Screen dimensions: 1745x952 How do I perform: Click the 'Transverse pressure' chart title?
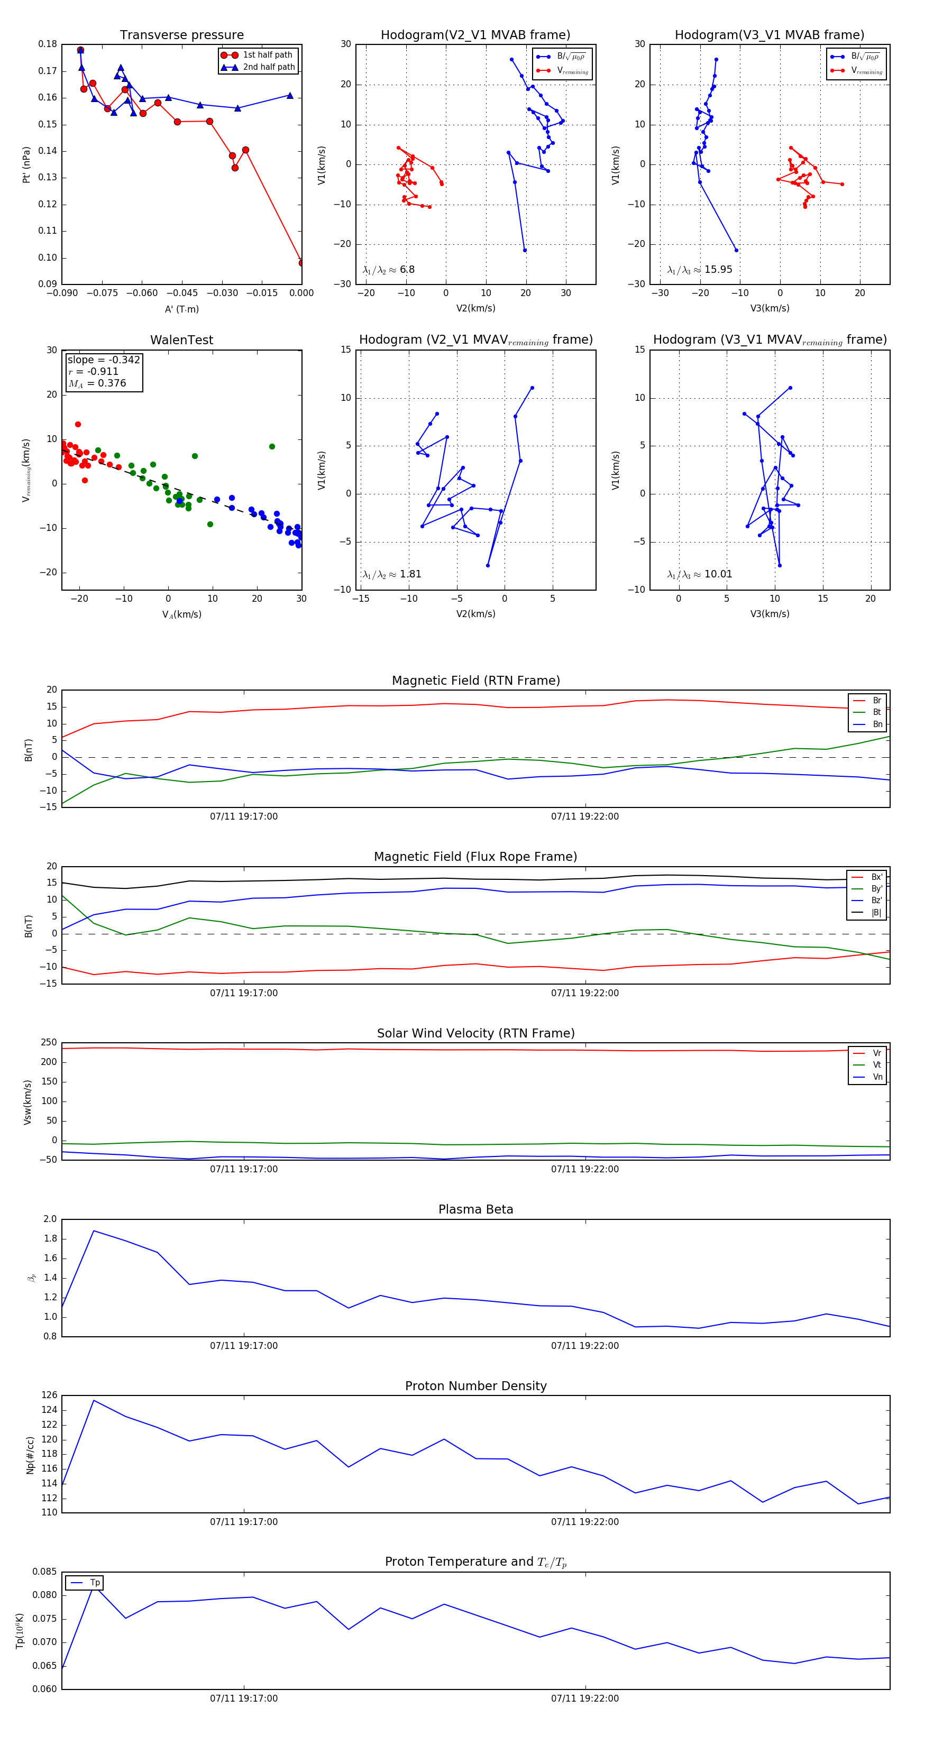[x=181, y=35]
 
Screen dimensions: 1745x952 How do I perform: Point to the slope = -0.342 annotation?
[x=103, y=360]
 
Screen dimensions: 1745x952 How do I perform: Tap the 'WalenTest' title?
[x=181, y=340]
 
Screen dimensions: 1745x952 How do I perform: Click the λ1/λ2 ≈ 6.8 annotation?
[x=388, y=270]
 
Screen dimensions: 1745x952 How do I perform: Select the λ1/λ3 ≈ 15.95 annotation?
[x=699, y=270]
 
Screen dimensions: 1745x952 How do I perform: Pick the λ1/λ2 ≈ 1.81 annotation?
[x=391, y=574]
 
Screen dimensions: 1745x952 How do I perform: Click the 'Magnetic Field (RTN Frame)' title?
[x=475, y=681]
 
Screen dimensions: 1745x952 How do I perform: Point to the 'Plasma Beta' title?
[x=475, y=1209]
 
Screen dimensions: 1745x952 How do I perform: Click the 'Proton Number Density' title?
[x=475, y=1386]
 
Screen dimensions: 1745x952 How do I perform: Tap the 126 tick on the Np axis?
[x=50, y=1395]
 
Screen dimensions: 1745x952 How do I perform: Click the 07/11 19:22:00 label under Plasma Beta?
[x=585, y=1345]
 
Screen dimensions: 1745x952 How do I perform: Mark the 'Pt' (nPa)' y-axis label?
[x=26, y=164]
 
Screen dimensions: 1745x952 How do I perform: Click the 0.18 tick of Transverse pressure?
[x=48, y=44]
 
